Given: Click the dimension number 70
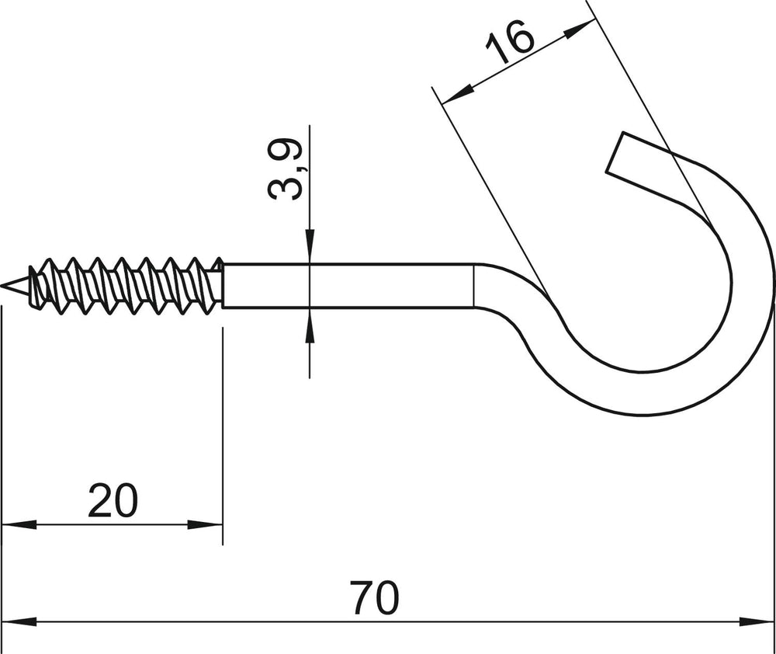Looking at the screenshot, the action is [374, 597].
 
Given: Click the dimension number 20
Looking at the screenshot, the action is [113, 500].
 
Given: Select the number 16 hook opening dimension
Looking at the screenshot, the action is [511, 43].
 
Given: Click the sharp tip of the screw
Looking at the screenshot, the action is [3, 286].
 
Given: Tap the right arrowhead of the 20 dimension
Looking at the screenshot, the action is [205, 524].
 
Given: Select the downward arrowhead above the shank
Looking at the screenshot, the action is [310, 245].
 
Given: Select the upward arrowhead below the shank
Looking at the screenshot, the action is [310, 325].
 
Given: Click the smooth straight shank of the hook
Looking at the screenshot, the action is [348, 286].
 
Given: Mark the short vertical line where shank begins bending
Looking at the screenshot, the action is [474, 286].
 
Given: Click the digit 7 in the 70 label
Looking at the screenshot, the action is [362, 597].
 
